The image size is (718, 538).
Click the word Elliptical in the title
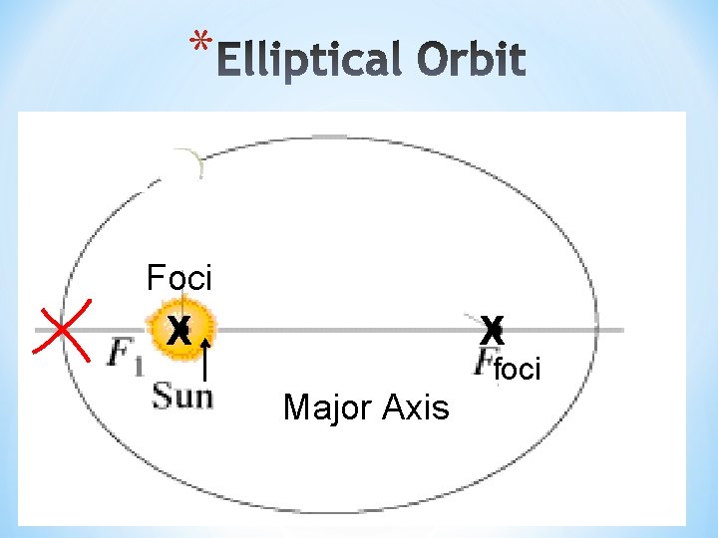[309, 61]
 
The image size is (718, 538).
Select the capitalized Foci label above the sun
[179, 276]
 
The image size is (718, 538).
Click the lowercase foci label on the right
[518, 370]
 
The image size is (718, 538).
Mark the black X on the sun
[179, 329]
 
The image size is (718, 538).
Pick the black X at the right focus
[492, 329]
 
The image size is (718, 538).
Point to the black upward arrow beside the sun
[204, 359]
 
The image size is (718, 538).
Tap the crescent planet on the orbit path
[182, 164]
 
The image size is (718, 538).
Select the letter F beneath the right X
[488, 361]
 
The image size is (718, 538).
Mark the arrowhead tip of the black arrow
[204, 338]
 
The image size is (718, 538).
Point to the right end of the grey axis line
[623, 330]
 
